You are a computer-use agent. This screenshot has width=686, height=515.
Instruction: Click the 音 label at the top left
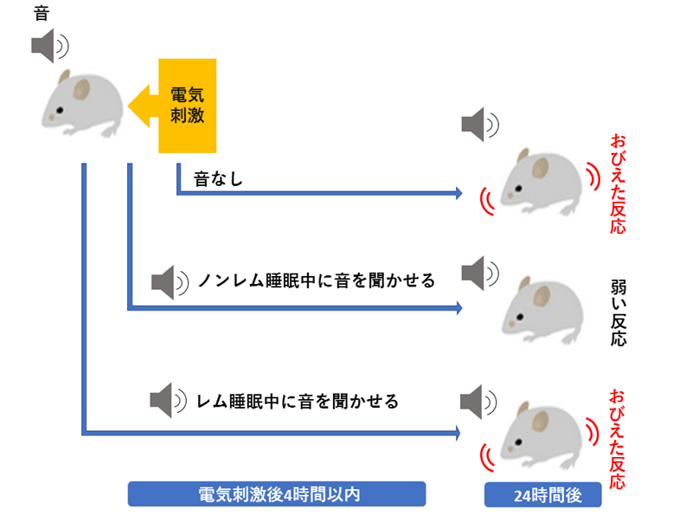tap(41, 13)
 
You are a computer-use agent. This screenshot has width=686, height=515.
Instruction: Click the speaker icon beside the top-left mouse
tap(48, 45)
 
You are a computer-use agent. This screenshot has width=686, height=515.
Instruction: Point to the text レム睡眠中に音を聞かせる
tap(298, 401)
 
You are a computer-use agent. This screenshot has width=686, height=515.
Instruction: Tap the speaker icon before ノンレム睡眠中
tap(168, 281)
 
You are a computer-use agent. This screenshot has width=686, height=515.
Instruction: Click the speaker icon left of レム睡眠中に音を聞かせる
tap(167, 401)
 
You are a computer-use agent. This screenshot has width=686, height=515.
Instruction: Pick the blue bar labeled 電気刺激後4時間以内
tap(277, 493)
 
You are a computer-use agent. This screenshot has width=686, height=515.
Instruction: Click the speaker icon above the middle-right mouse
tap(478, 274)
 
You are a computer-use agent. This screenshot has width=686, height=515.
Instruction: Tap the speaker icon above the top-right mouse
tap(478, 126)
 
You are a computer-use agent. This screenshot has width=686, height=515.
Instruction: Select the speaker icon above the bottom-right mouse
tap(478, 401)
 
